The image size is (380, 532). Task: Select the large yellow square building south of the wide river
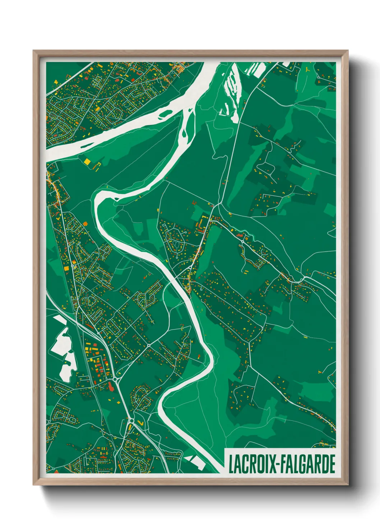(x=87, y=161)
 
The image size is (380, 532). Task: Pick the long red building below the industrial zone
(x=111, y=387)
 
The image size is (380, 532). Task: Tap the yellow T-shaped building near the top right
(x=308, y=69)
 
